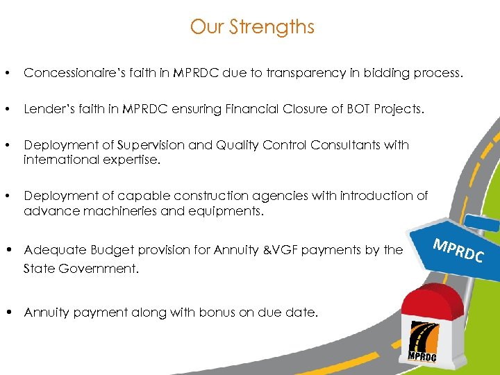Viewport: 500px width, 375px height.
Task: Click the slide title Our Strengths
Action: point(252,27)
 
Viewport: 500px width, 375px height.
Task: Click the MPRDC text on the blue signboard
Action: point(459,250)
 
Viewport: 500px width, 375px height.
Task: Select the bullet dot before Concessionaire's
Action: point(6,73)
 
